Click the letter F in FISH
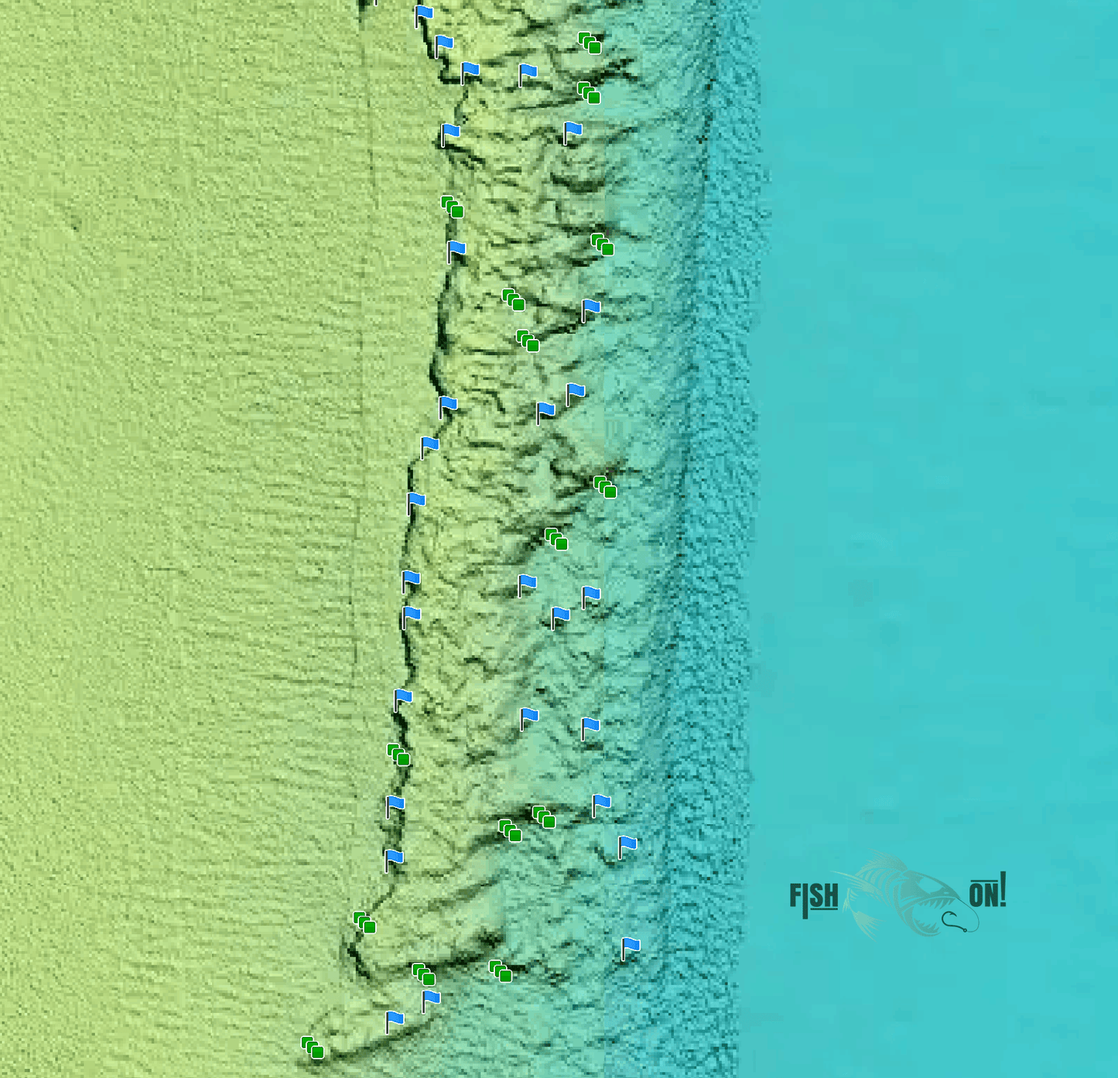795,895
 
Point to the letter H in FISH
830,896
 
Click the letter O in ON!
976,895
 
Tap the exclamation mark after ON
1003,889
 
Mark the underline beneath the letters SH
824,909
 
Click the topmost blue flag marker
423,14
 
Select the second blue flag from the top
443,43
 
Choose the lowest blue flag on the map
395,1020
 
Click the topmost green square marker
590,43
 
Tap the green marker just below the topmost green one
589,92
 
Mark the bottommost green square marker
312,1047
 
